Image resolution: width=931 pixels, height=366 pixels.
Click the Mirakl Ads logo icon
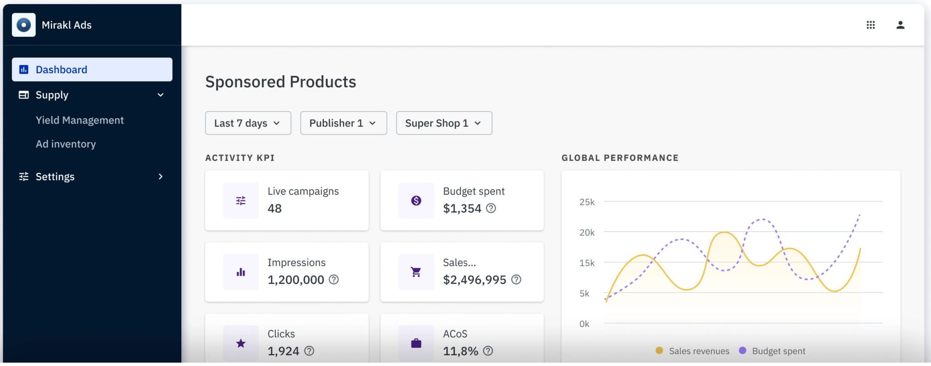coord(24,25)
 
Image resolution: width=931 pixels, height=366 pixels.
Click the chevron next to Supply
coord(160,95)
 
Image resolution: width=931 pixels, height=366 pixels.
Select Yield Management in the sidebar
coord(80,120)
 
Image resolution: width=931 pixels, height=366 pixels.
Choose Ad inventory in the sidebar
coord(66,144)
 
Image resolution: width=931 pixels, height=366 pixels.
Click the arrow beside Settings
coord(160,176)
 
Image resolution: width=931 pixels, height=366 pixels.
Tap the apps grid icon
coord(871,25)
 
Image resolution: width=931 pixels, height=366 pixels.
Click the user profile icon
coord(900,25)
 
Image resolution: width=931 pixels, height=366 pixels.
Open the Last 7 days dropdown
coord(248,123)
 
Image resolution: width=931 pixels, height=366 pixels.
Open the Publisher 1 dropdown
coord(343,123)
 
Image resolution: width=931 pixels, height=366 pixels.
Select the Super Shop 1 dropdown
coord(444,123)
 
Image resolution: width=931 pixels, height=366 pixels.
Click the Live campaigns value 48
coord(275,209)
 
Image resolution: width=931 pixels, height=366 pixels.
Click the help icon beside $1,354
coord(491,208)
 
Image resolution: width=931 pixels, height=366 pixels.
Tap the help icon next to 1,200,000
coord(334,280)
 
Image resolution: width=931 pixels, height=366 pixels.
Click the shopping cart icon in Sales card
coord(416,272)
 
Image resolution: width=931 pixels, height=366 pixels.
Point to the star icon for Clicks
coord(241,343)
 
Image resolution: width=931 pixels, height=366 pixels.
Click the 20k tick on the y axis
coord(587,232)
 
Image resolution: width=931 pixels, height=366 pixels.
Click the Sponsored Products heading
coord(280,82)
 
